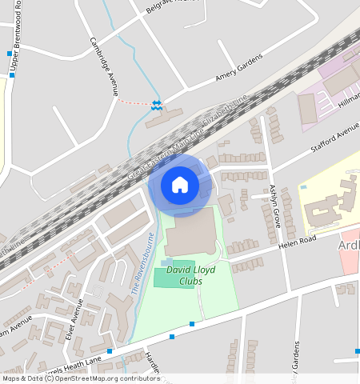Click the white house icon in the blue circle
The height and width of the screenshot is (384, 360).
pyautogui.click(x=180, y=185)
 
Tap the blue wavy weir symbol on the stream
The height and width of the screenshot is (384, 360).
pyautogui.click(x=158, y=104)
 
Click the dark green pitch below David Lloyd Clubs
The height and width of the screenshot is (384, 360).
pyautogui.click(x=174, y=274)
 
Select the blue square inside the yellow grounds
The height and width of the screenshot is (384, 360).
pyautogui.click(x=303, y=187)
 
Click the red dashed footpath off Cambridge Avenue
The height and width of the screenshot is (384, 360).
pyautogui.click(x=134, y=102)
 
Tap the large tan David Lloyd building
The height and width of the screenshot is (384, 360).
pyautogui.click(x=190, y=233)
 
